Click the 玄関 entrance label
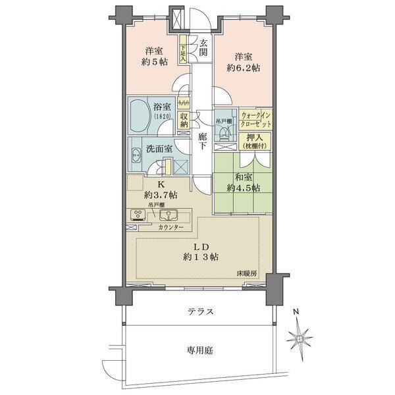(204, 48)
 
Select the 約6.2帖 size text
(242, 66)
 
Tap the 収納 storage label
(184, 120)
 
